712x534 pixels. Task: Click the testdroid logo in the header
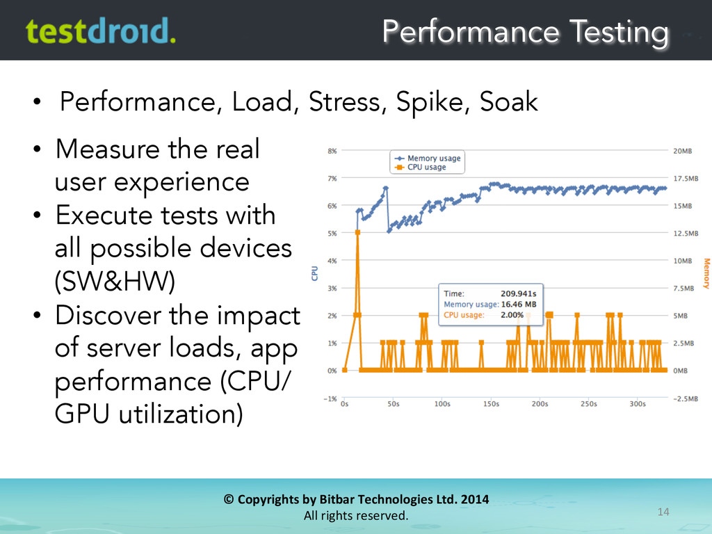[100, 31]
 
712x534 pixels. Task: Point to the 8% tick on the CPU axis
[332, 150]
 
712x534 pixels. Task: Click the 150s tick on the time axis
[491, 403]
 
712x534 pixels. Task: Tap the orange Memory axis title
[706, 273]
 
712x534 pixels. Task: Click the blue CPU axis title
[314, 274]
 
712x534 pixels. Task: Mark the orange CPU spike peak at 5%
[357, 232]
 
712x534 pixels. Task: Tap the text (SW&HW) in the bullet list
[115, 282]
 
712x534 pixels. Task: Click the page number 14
[663, 512]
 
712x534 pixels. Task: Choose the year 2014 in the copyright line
[474, 499]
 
